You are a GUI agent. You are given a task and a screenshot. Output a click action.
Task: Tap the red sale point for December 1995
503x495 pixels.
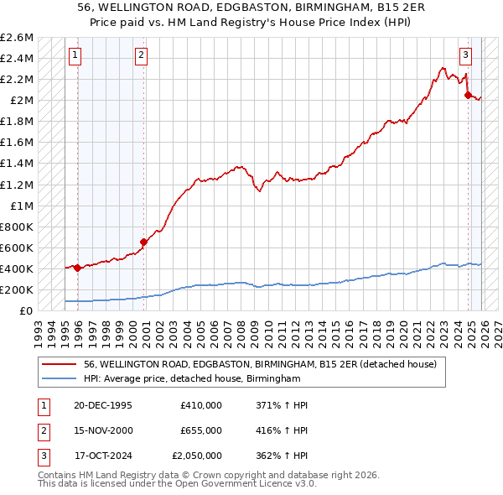coord(77,268)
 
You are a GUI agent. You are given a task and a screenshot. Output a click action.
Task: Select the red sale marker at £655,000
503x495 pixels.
coord(143,242)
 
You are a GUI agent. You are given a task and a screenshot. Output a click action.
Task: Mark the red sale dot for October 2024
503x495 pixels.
coord(468,95)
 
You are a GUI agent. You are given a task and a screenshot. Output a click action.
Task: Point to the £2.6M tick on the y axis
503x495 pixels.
coord(18,38)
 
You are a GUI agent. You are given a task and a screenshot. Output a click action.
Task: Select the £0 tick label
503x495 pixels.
coord(27,310)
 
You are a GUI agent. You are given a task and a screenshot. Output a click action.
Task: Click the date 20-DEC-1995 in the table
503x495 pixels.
coord(102,405)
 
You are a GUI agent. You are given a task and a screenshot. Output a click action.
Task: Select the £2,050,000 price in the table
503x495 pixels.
coord(201,456)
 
